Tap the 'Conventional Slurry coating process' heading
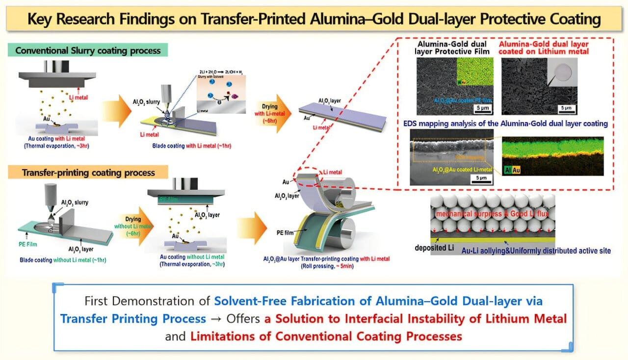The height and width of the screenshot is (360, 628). pyautogui.click(x=90, y=51)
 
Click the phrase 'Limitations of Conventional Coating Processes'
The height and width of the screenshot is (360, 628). pyautogui.click(x=326, y=336)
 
